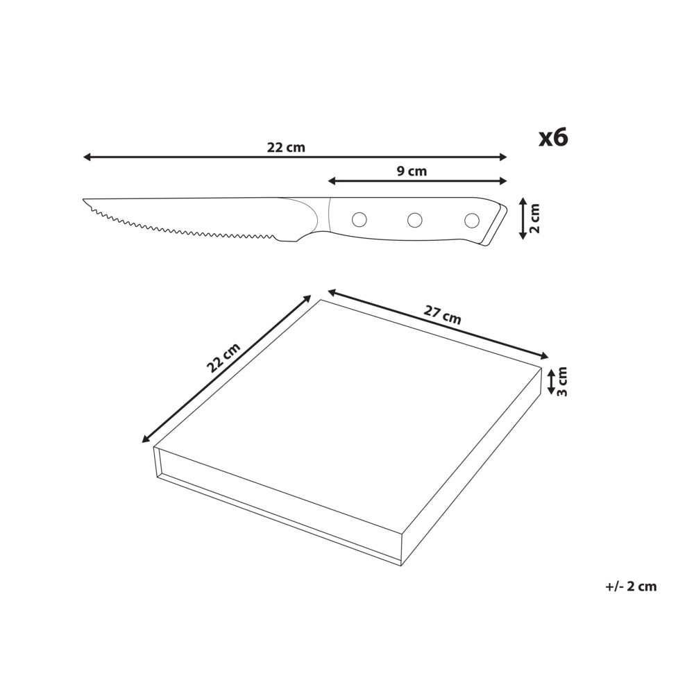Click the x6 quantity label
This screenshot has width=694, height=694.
553,137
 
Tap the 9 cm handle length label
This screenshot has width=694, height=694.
412,171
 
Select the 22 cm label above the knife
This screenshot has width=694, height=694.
286,147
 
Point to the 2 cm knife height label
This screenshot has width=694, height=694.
534,219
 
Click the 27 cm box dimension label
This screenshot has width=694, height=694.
442,314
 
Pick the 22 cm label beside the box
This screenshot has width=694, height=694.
223,357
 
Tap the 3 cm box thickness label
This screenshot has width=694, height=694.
561,382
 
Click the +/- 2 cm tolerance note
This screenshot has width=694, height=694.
631,586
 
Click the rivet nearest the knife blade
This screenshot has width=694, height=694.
359,219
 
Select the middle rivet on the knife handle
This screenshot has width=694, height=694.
415,220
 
